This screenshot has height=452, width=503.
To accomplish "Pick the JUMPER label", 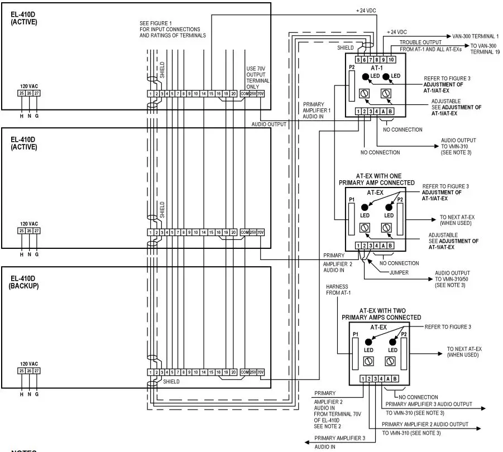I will (x=400, y=273).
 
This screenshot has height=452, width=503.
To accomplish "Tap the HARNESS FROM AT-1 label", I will (x=338, y=290).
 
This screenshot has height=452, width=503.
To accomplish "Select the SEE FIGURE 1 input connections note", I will (x=173, y=29).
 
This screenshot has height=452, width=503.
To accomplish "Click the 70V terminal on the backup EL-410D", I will (x=260, y=372).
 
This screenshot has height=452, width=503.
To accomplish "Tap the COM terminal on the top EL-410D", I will (x=245, y=93).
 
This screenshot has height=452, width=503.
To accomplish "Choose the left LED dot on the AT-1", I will (x=365, y=76).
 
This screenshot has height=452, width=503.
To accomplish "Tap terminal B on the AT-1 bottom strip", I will (x=390, y=112).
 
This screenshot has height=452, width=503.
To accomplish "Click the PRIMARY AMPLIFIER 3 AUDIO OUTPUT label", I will (x=429, y=404).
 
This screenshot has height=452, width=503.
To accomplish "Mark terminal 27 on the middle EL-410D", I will (x=37, y=230).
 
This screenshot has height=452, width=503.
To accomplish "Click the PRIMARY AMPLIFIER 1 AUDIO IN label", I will (x=317, y=110).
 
